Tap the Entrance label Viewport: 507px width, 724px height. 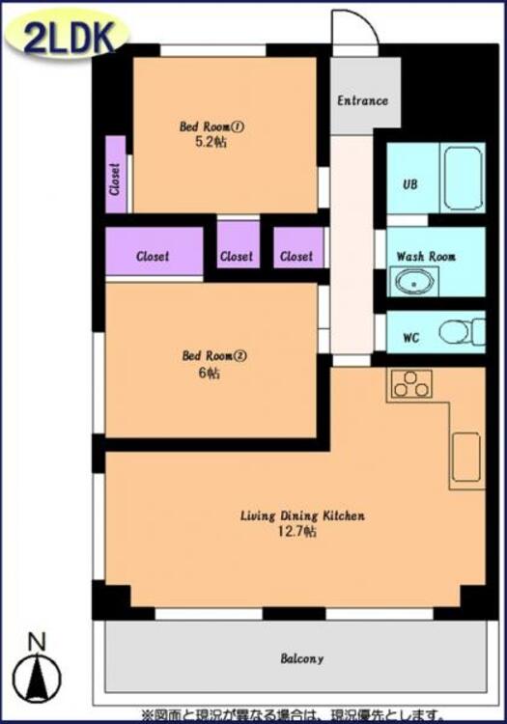coord(362,100)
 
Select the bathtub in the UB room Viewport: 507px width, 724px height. coord(464,178)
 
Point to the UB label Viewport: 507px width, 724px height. coord(410,184)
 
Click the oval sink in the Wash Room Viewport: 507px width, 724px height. coord(413,282)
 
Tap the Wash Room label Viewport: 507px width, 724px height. coord(426,256)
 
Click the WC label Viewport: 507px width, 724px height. coord(411,338)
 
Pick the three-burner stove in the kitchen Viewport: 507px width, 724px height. coord(411,384)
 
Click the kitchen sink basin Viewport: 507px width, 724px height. coord(465,458)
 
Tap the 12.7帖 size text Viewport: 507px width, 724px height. coord(297,532)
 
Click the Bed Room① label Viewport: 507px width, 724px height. coord(211,126)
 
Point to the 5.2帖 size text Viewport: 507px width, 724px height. coord(211,142)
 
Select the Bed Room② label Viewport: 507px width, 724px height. coord(214,355)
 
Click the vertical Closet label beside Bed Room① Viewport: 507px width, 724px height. coord(115,179)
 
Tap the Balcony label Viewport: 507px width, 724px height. coord(302,657)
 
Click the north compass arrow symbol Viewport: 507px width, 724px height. coord(37,679)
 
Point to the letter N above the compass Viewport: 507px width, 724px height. coord(37,642)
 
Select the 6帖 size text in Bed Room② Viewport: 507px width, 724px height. coord(210,373)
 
